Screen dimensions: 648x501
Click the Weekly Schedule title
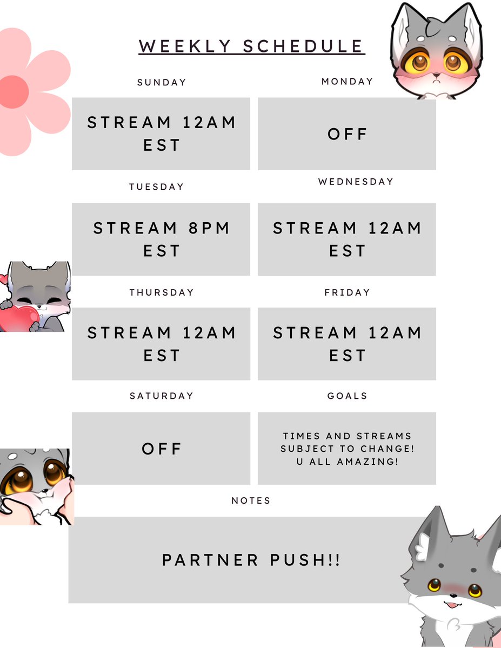click(251, 46)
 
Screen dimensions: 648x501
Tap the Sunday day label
click(162, 83)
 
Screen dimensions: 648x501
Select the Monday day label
click(347, 82)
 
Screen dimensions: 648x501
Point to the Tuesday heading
click(157, 187)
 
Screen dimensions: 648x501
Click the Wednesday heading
click(356, 182)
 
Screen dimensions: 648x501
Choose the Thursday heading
click(161, 292)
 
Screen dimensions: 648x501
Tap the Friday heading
click(347, 292)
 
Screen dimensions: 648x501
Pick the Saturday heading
click(161, 396)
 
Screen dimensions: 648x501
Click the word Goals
click(347, 396)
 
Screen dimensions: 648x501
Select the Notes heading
click(251, 501)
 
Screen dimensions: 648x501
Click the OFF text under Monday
click(347, 134)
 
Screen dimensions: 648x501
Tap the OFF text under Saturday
click(162, 449)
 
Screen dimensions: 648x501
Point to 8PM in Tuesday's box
click(209, 228)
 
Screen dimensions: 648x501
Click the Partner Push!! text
click(251, 560)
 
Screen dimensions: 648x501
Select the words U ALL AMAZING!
click(347, 462)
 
